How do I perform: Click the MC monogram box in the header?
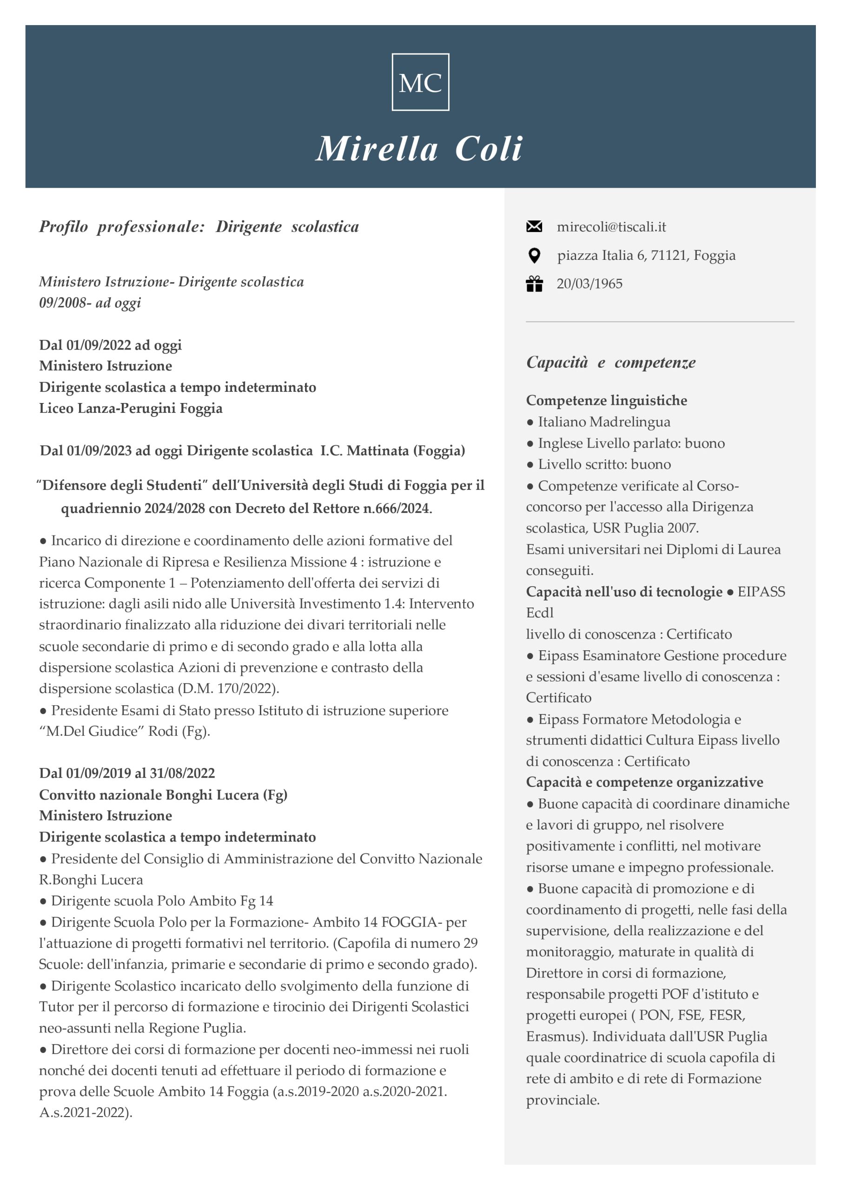point(420,82)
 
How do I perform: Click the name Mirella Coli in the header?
point(419,149)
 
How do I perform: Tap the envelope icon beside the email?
point(534,226)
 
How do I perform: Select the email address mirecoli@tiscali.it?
point(611,226)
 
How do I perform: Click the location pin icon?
point(534,255)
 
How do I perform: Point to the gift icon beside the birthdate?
point(534,284)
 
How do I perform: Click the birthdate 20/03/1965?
point(589,284)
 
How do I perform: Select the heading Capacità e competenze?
point(611,362)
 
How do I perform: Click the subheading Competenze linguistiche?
point(607,400)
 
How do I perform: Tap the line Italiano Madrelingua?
point(603,422)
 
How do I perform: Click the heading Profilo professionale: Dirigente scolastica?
point(199,226)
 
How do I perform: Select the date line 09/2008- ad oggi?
point(90,303)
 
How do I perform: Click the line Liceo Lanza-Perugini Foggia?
point(131,409)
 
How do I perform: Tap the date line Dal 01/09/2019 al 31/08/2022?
point(127,773)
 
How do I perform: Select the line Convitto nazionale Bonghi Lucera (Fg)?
point(163,794)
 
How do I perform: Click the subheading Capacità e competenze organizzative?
point(644,782)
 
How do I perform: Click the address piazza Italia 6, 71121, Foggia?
point(646,255)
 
